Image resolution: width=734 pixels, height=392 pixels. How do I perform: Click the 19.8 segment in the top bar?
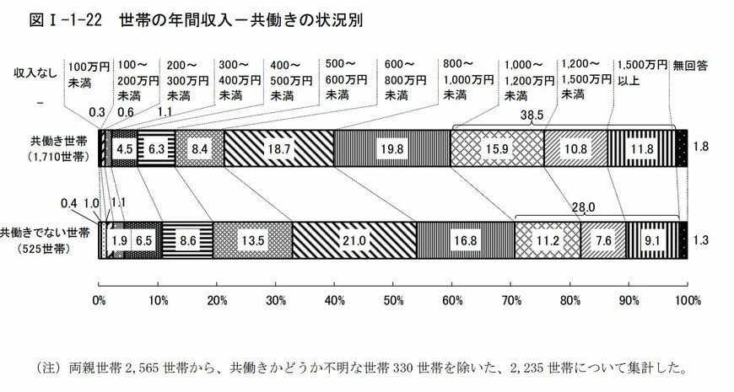coord(392,148)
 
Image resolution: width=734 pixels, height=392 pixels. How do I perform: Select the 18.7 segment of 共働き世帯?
coord(278,148)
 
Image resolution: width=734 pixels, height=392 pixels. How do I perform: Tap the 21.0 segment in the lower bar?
coord(354,239)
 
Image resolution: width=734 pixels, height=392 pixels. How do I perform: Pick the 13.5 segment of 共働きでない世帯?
coord(252,239)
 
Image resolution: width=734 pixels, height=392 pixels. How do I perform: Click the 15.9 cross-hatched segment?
coord(496,148)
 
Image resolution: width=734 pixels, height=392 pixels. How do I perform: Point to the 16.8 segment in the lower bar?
coord(466,239)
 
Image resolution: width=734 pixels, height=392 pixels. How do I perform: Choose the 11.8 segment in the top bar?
coord(643,148)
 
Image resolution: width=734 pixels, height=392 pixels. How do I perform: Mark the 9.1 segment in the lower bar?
coord(652,239)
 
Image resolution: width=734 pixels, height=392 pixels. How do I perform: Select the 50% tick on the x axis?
coord(394,300)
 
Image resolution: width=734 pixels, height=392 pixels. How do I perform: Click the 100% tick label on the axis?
coord(688,300)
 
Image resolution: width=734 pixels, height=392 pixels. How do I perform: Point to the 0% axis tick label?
coord(100,300)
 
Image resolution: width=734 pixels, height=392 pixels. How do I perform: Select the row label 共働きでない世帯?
coord(47,231)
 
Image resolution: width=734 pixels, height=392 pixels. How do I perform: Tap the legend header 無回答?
coord(690,64)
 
